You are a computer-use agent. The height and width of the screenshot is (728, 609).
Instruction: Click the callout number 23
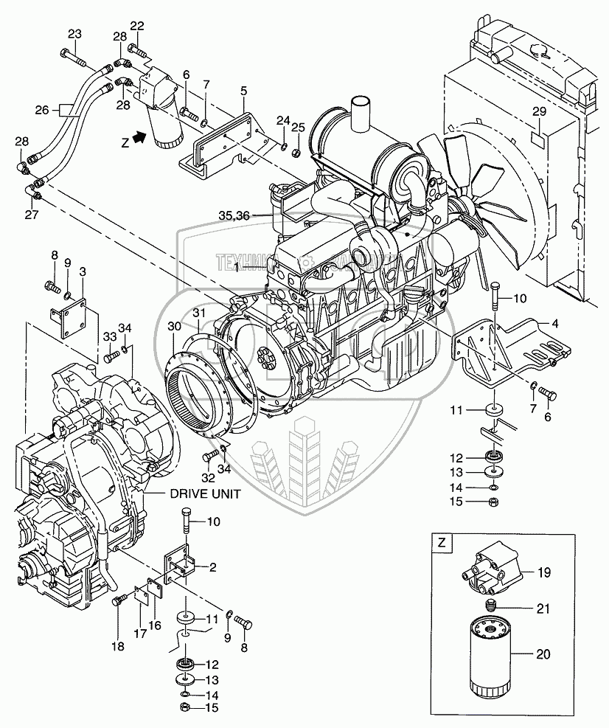click(75, 34)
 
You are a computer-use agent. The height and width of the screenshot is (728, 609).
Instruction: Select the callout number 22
click(137, 27)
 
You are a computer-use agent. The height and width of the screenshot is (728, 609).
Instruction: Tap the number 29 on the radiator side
click(539, 111)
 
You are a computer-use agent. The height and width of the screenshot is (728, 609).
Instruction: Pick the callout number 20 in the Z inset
click(543, 654)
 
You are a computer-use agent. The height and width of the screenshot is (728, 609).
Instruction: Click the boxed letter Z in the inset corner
click(442, 544)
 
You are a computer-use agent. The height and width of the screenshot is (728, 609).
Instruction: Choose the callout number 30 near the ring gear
click(173, 326)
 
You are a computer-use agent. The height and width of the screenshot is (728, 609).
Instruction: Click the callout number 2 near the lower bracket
click(212, 567)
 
